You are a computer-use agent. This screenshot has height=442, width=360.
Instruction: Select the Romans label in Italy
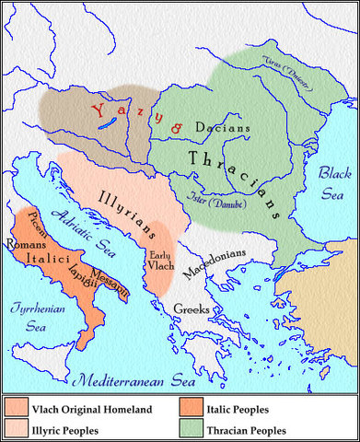pyautogui.click(x=23, y=245)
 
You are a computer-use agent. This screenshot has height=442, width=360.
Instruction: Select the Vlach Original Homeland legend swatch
pyautogui.click(x=16, y=405)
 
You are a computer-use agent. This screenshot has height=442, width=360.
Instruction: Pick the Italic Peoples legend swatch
pyautogui.click(x=192, y=405)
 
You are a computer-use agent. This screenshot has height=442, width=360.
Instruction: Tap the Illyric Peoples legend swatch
pyautogui.click(x=16, y=428)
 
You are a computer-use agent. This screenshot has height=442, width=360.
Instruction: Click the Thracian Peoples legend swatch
pyautogui.click(x=192, y=428)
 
